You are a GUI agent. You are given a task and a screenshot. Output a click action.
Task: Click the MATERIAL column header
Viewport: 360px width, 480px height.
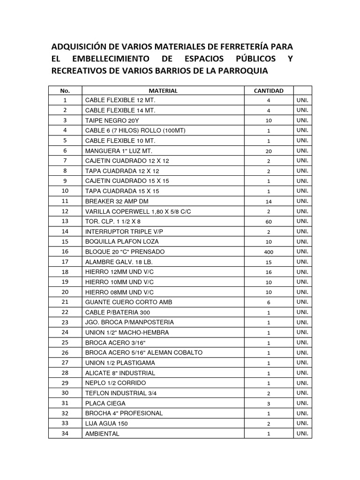tap(163, 91)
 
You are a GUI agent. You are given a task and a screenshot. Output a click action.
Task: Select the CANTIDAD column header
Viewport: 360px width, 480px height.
tap(269, 91)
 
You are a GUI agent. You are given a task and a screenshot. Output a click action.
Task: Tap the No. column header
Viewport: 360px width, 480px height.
tap(65, 91)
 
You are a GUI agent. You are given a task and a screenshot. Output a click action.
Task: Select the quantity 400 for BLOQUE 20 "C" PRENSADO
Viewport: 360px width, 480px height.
tap(269, 252)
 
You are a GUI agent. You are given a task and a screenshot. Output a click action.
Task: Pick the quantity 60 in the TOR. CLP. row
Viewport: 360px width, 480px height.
tap(269, 222)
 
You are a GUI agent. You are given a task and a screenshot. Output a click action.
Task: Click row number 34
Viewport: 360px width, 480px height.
tap(65, 434)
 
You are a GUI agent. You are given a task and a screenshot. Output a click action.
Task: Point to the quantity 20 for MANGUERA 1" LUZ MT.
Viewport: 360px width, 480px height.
tap(269, 151)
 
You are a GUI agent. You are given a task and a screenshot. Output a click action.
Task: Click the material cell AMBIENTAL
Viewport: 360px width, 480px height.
tap(102, 434)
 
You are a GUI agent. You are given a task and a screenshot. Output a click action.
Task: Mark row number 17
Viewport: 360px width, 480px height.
tap(65, 262)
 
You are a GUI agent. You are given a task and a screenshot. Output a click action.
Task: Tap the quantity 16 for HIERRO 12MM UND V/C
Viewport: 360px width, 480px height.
tap(269, 272)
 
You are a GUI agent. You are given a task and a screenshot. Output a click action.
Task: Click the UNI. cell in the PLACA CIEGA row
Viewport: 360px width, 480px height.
tap(302, 403)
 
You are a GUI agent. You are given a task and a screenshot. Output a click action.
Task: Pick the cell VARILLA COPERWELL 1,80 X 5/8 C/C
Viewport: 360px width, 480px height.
tap(138, 211)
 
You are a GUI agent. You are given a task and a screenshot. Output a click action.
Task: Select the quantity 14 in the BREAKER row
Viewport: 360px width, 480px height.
tap(269, 201)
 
